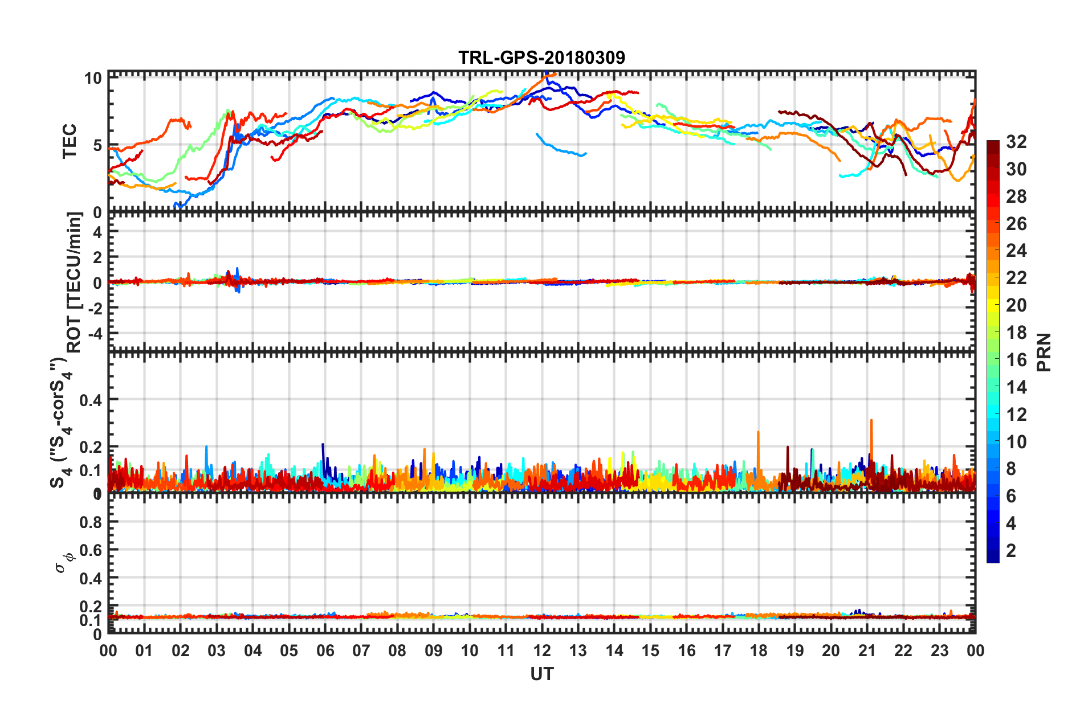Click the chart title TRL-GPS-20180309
click(x=541, y=58)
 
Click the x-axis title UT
click(x=541, y=674)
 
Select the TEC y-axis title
click(x=70, y=141)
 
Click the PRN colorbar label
click(x=1044, y=352)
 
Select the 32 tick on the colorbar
click(x=1016, y=142)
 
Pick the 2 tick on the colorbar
click(x=1011, y=551)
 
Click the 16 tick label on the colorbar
click(x=1016, y=360)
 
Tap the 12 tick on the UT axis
click(x=542, y=650)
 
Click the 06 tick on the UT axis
click(x=325, y=650)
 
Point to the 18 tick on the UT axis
click(x=759, y=650)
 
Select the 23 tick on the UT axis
click(x=939, y=650)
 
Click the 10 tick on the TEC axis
click(x=93, y=78)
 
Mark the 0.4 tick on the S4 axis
click(x=91, y=400)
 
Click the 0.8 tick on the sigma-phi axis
click(x=91, y=522)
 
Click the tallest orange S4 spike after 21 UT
click(x=871, y=421)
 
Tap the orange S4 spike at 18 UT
click(x=758, y=433)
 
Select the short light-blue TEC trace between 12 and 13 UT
click(x=561, y=147)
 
